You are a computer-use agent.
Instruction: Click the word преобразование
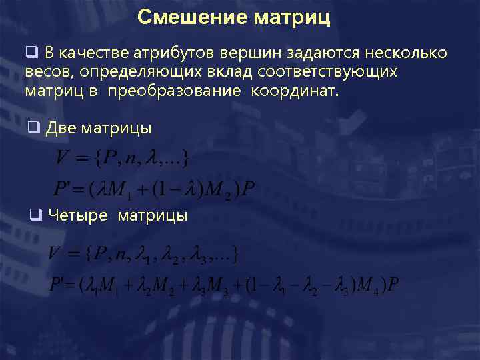(x=173, y=89)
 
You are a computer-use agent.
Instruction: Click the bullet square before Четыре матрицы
(x=36, y=215)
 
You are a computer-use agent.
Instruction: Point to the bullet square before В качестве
(x=31, y=53)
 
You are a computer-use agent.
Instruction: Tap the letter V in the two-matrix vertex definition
(x=63, y=159)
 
